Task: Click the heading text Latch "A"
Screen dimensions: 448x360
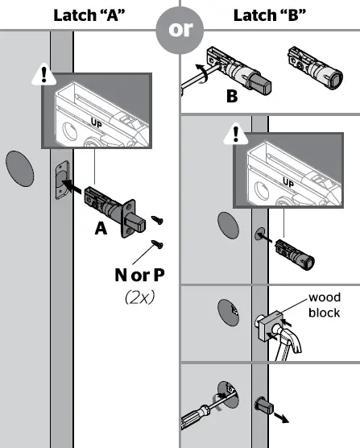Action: pos(89,15)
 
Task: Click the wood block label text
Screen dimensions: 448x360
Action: pos(325,304)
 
